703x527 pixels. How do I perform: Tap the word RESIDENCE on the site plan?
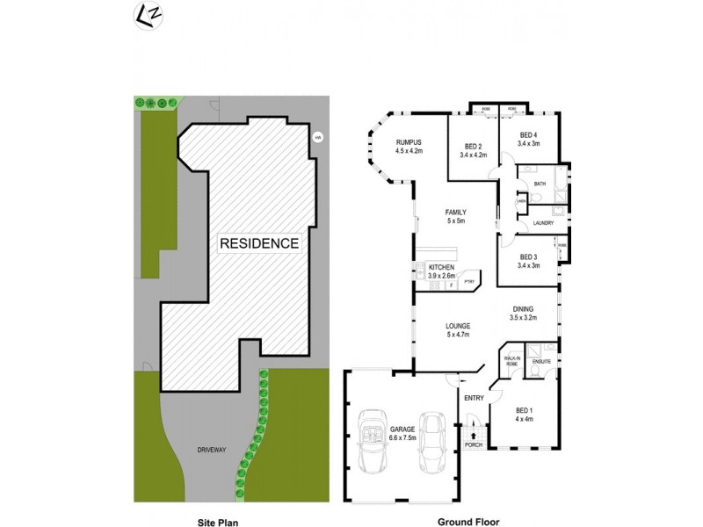(x=258, y=243)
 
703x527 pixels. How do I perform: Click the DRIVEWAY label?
(x=211, y=450)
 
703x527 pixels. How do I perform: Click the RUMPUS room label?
(x=409, y=142)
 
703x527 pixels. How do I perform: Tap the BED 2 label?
(x=473, y=147)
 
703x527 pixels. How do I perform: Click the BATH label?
(x=540, y=183)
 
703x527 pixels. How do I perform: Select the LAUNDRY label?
(x=542, y=222)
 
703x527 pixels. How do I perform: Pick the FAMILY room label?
(x=455, y=213)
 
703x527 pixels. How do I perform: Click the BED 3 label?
(x=529, y=256)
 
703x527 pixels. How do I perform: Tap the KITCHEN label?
(x=440, y=267)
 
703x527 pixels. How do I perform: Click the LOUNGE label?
(x=458, y=326)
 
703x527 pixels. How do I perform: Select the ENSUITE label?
(x=541, y=361)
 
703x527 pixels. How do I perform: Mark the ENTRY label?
(x=475, y=398)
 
